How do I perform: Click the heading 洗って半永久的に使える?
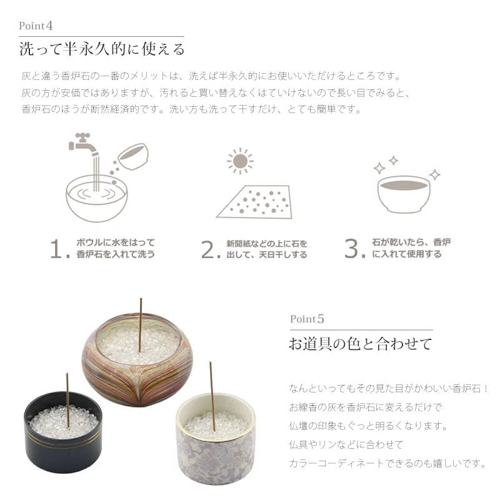pos(102,49)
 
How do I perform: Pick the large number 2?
pos(209,249)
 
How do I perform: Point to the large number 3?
pos(354,249)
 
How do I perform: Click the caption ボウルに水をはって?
pos(115,242)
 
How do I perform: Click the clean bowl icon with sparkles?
pos(404,191)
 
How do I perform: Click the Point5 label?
pos(307,319)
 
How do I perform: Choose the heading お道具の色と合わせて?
pos(360,344)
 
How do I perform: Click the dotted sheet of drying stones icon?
pos(255,201)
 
